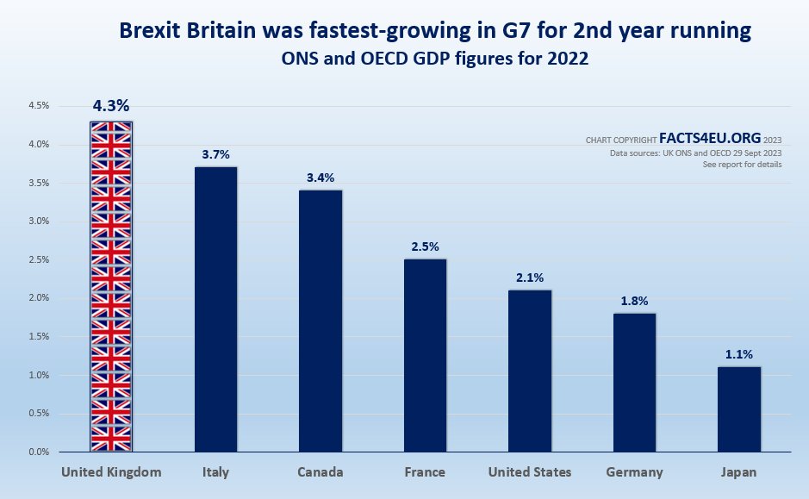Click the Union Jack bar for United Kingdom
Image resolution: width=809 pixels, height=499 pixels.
(x=111, y=286)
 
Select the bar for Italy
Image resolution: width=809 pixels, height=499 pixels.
(x=215, y=309)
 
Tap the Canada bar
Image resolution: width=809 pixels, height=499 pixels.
(x=320, y=321)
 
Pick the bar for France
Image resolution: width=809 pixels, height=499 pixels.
(x=425, y=355)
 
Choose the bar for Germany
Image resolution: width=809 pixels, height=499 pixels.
(x=634, y=382)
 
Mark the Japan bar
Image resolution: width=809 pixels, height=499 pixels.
(x=739, y=409)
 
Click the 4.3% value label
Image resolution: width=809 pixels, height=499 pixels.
(x=111, y=106)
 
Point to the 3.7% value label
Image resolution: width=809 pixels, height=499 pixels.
(x=215, y=154)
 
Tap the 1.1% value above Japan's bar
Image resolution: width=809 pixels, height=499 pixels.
(x=739, y=354)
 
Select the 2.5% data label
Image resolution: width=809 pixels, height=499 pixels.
(x=425, y=246)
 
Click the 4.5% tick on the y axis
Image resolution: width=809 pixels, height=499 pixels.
(x=38, y=106)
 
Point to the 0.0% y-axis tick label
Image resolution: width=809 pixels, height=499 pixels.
(x=38, y=452)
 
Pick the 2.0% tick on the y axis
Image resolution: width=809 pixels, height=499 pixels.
(x=38, y=298)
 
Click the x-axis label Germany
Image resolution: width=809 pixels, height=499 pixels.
(x=634, y=472)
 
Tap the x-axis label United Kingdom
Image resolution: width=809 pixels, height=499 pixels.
(x=111, y=472)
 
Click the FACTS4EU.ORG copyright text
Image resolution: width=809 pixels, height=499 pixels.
(x=709, y=138)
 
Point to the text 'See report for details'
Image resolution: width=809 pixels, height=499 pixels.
(x=743, y=164)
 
